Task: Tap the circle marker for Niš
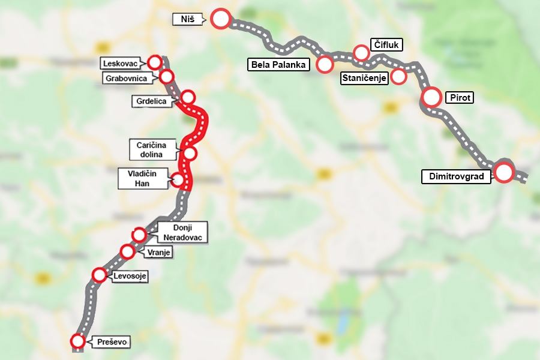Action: [221, 19]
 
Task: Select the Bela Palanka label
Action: [278, 65]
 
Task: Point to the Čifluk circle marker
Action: [361, 53]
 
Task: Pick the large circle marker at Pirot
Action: [431, 97]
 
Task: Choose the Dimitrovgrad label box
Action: [456, 176]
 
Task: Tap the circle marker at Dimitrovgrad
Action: [503, 173]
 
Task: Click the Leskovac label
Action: [124, 63]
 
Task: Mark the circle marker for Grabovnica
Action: [167, 76]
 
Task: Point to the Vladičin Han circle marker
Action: [178, 179]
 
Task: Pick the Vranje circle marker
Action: [127, 251]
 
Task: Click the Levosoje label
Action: [129, 276]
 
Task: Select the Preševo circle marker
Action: [78, 341]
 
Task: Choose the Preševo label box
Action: [112, 343]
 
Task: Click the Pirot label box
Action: [459, 97]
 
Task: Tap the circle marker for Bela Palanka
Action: [325, 64]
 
